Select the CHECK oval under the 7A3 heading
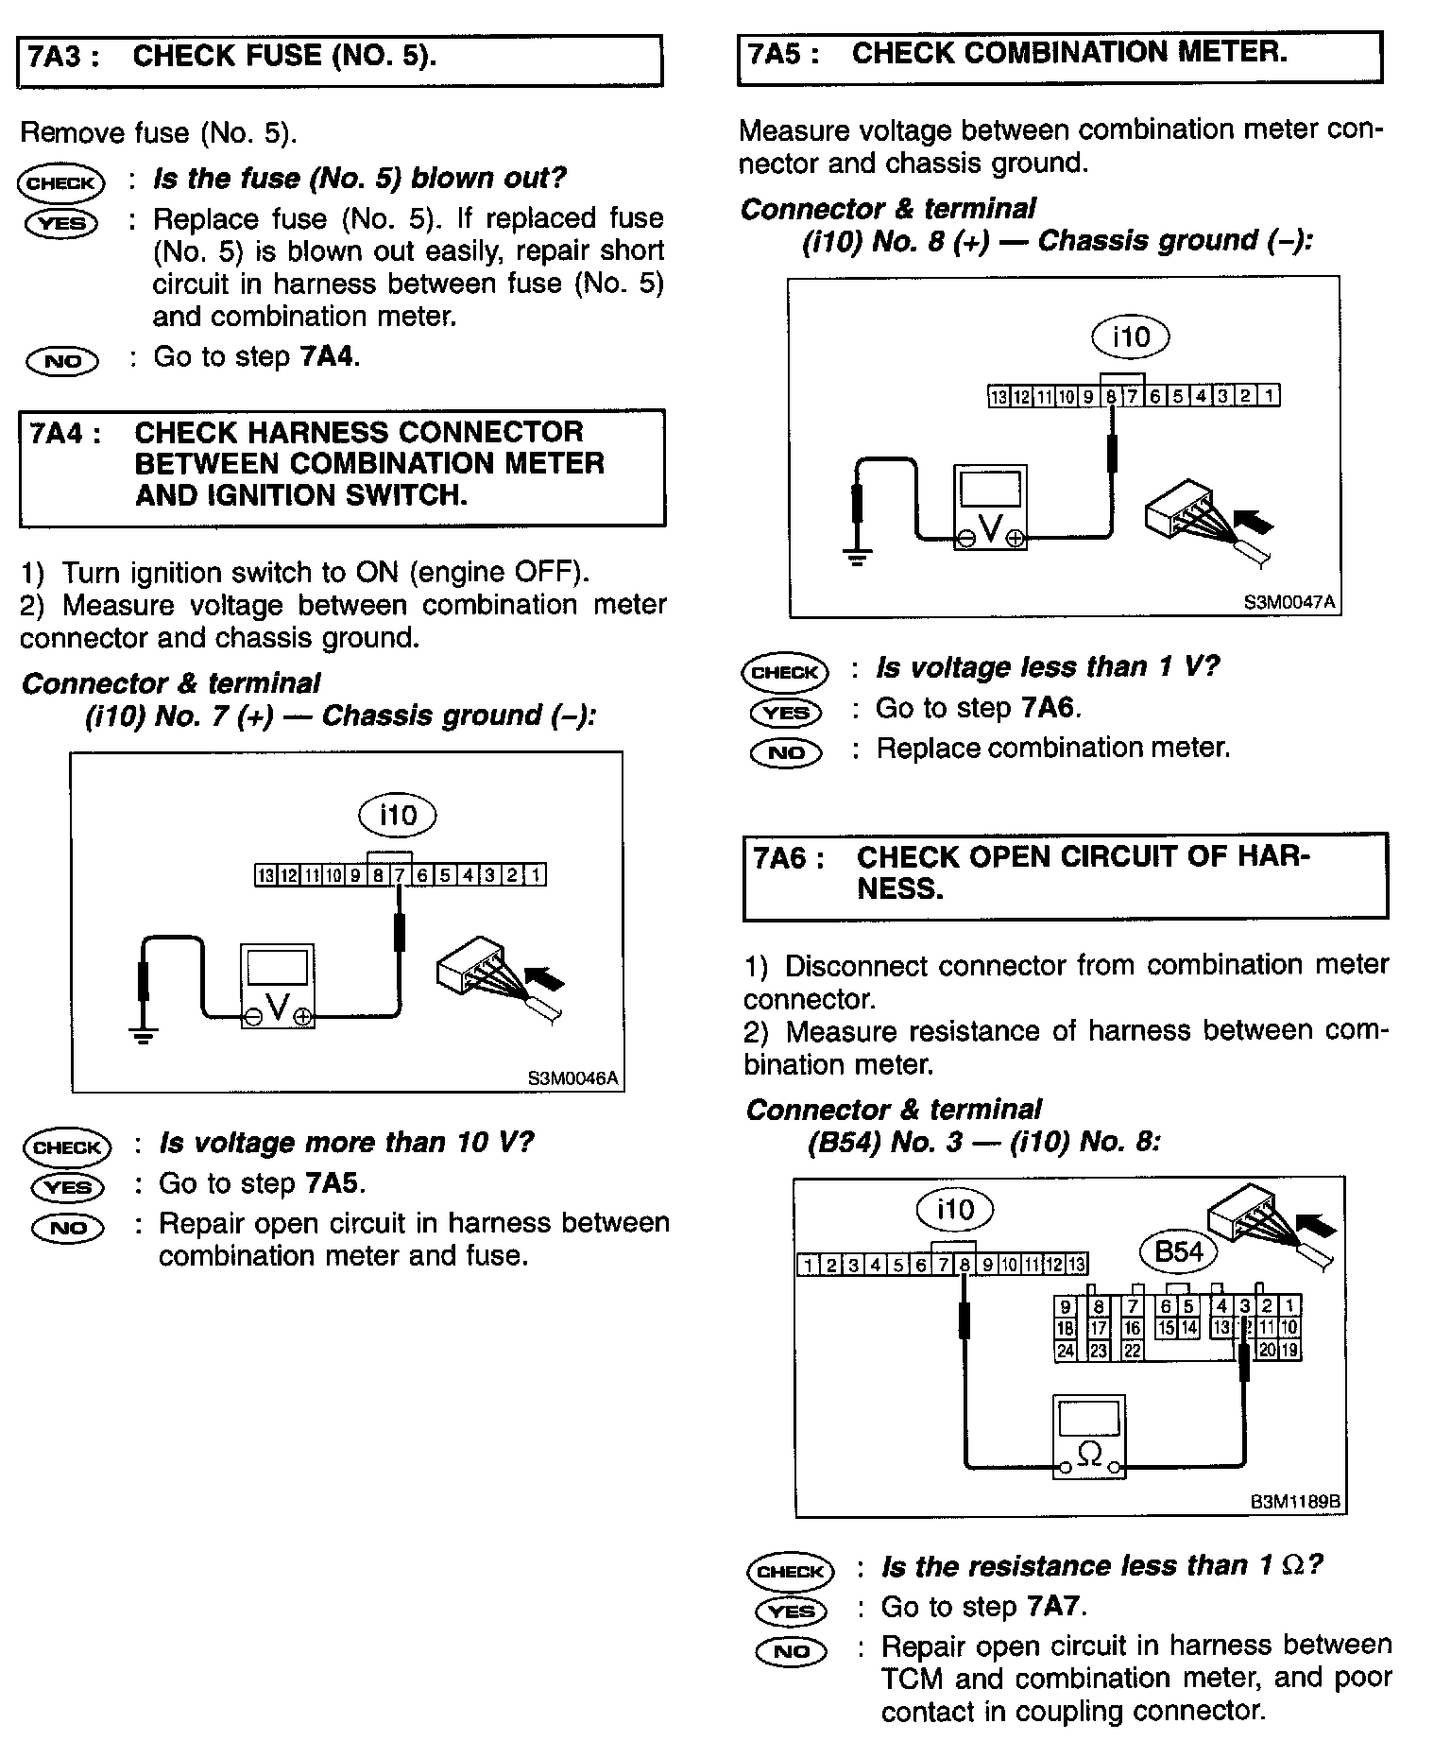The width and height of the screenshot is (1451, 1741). (x=60, y=183)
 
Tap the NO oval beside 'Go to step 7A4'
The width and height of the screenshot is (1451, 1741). (x=62, y=360)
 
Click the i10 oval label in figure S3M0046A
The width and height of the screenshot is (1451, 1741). (x=398, y=815)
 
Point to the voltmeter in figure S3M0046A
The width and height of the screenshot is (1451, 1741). (x=278, y=985)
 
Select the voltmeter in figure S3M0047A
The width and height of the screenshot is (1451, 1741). (x=990, y=508)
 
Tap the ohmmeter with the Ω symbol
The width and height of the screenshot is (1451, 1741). (x=1089, y=1436)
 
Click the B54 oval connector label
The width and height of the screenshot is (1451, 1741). (x=1179, y=1252)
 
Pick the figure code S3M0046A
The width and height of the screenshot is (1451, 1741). (x=573, y=1077)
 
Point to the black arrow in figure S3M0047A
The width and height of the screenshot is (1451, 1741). (x=1254, y=521)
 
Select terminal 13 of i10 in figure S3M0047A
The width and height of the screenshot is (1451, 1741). (x=998, y=397)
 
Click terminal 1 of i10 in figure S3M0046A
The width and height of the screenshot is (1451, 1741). (x=535, y=875)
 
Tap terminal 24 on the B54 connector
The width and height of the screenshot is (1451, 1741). (x=1065, y=1351)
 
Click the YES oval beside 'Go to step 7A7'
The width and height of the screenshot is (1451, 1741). (x=792, y=1611)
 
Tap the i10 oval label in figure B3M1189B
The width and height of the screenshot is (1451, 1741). (x=955, y=1209)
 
